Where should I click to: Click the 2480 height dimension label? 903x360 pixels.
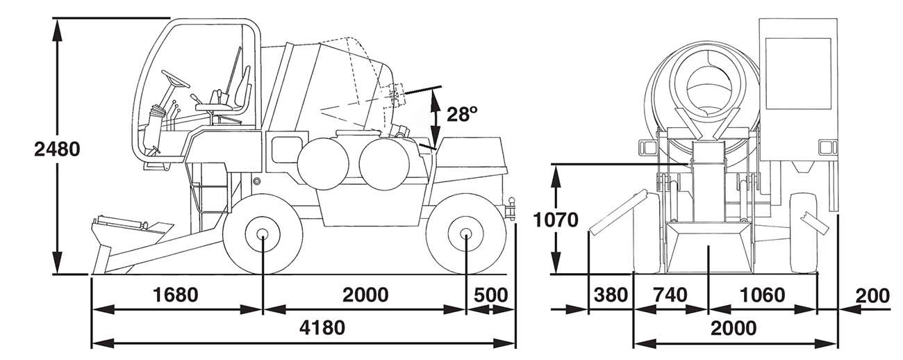point(57,149)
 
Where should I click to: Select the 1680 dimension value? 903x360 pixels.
point(176,295)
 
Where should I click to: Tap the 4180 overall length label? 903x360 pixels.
point(322,327)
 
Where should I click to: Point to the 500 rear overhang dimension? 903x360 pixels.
point(490,295)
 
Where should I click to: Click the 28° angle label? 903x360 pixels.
point(462,114)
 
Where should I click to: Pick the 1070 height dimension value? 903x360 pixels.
point(556,220)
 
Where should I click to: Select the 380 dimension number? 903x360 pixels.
point(611,295)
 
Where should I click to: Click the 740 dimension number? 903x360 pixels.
point(670,295)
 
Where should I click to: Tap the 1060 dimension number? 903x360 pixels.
point(762,295)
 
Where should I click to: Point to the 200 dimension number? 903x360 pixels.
point(872,296)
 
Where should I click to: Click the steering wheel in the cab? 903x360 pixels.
point(175,79)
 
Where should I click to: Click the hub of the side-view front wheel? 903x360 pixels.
point(263,234)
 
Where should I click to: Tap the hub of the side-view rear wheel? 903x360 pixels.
point(465,234)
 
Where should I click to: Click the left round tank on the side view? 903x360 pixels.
point(323,164)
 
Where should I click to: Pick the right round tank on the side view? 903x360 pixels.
point(385,164)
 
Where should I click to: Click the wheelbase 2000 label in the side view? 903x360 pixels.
point(365,295)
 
